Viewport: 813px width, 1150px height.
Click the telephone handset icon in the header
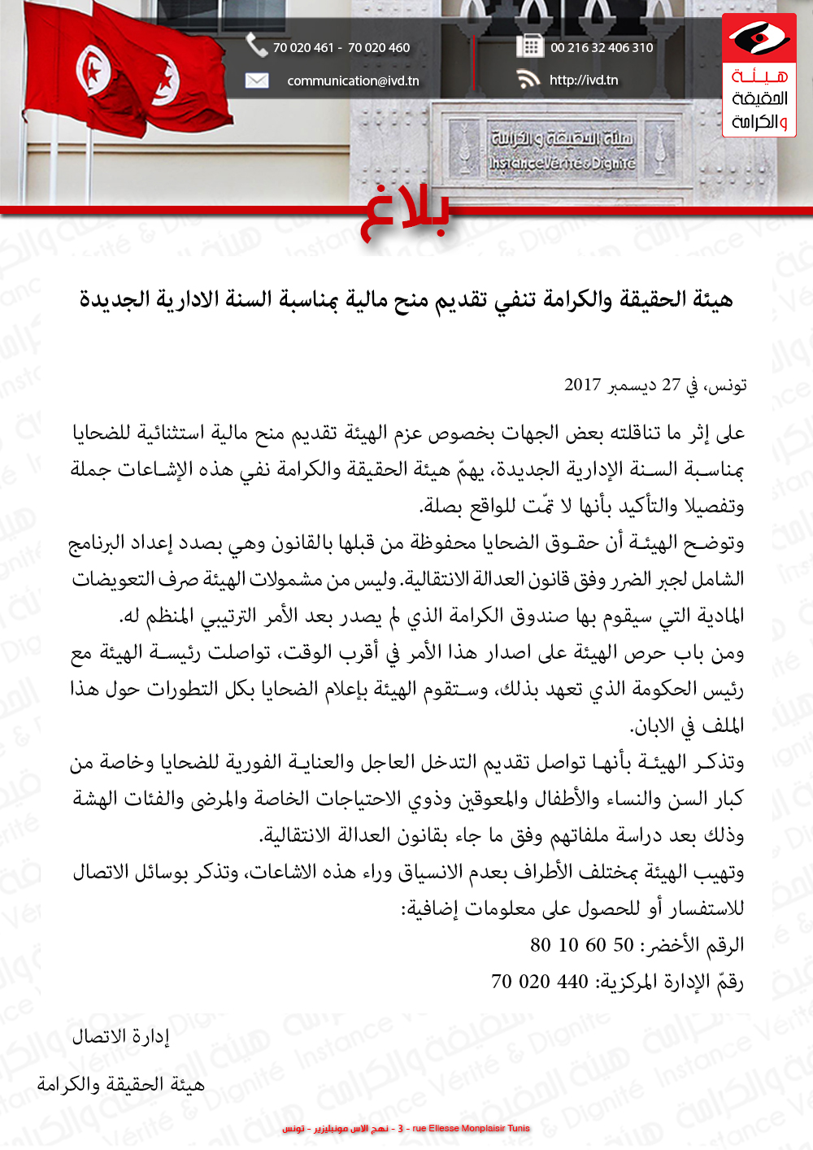257,46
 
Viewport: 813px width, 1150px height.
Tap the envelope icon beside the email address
257,81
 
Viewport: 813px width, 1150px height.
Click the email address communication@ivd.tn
353,81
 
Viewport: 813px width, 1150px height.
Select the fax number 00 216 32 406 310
602,47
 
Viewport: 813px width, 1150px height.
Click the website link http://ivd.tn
584,80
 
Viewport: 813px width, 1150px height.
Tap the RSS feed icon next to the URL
528,79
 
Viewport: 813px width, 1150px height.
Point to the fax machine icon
529,46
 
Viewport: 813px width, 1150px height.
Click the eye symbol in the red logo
759,38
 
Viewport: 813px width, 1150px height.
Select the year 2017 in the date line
583,385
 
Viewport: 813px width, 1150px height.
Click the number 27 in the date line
671,385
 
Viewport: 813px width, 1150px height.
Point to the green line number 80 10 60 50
581,945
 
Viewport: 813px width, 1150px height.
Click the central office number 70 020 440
539,982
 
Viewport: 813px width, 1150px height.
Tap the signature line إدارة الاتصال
120,1036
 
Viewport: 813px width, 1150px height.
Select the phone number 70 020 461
303,47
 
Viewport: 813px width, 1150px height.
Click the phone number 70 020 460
379,47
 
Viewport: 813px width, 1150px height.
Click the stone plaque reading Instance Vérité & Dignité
561,150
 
